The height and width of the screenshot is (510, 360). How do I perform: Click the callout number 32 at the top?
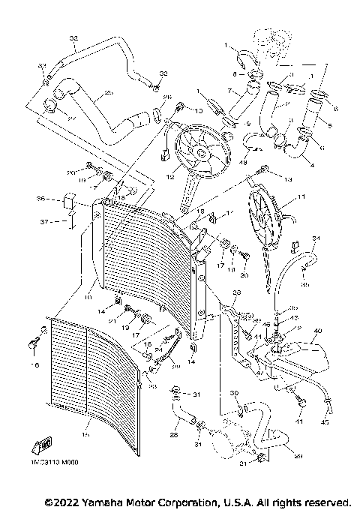(73, 37)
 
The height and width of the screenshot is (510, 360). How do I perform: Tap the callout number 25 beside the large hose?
(109, 93)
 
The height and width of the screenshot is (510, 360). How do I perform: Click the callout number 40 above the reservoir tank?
(317, 331)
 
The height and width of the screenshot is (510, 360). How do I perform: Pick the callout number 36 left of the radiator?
(40, 199)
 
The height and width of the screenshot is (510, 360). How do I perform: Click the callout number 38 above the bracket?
(235, 292)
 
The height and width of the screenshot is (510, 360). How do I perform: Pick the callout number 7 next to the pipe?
(231, 91)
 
